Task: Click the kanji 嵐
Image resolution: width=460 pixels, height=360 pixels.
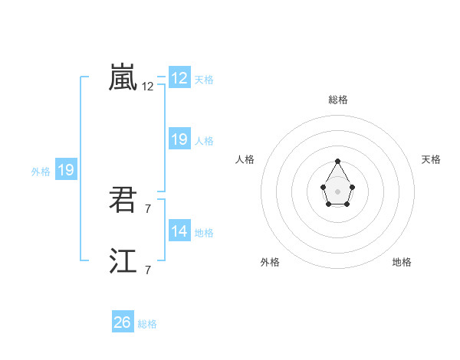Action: (x=123, y=77)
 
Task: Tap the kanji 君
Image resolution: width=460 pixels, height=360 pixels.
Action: (x=123, y=201)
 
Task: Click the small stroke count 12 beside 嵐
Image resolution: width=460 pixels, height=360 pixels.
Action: (x=147, y=87)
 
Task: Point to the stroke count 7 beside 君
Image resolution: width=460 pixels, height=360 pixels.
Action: (x=147, y=208)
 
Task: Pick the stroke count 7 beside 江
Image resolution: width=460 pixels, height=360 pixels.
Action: (x=147, y=270)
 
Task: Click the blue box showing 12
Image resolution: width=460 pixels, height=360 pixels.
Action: (x=179, y=78)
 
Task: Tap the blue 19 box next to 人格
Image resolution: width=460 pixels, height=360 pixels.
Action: (x=179, y=139)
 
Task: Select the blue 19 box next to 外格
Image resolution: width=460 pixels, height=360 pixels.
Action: (x=66, y=170)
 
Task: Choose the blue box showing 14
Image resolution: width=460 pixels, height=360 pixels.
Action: (x=179, y=231)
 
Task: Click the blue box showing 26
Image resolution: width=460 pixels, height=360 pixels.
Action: (x=123, y=322)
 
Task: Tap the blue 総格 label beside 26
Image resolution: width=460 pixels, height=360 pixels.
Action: (x=148, y=324)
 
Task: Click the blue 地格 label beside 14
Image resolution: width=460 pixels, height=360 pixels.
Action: (x=205, y=233)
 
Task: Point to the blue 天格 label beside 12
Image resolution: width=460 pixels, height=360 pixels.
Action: (x=205, y=80)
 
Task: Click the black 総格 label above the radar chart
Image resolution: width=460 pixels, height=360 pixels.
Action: (x=338, y=100)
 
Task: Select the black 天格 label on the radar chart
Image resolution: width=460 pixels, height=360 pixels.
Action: (x=432, y=159)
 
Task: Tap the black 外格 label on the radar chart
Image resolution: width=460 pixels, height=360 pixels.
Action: (x=270, y=262)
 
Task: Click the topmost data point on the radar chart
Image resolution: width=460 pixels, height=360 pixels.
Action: (x=337, y=161)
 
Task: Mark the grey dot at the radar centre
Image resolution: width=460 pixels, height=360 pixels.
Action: (x=337, y=190)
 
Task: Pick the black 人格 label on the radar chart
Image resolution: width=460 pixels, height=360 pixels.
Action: (x=245, y=159)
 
